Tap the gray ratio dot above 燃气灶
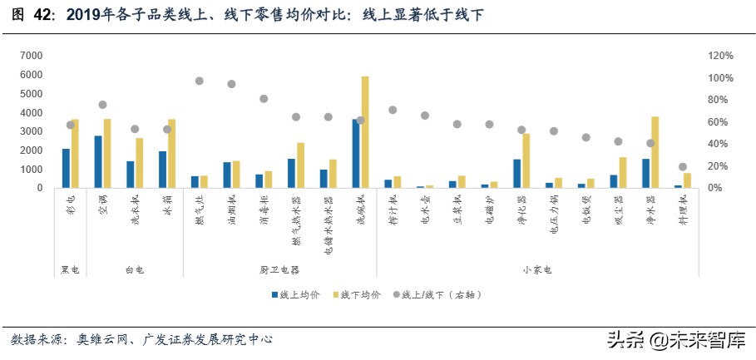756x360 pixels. (200, 81)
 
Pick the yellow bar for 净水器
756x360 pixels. (655, 152)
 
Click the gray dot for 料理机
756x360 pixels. (683, 167)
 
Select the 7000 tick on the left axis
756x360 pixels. (31, 56)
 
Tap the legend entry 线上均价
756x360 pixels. (295, 294)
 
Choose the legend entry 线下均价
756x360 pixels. (358, 294)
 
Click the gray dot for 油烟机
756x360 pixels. (232, 84)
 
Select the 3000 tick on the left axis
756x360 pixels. (31, 131)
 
